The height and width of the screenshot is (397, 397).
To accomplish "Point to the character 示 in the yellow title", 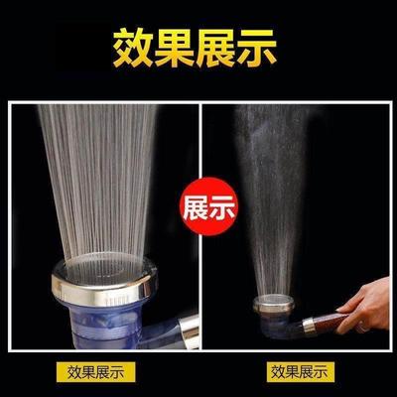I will (x=268, y=46).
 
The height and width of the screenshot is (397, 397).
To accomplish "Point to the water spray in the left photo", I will (x=99, y=179).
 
